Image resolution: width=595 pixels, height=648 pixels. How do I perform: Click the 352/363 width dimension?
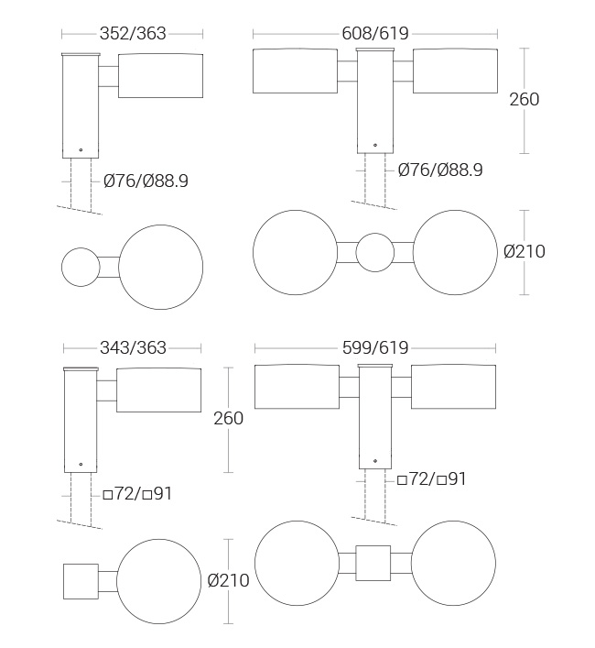[x=133, y=34]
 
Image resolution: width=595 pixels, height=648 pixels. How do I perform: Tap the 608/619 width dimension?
[x=375, y=34]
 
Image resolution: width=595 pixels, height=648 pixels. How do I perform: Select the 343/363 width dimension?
[x=133, y=348]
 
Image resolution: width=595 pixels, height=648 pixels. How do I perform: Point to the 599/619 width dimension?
[x=375, y=348]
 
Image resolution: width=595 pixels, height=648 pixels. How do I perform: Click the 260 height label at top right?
[x=524, y=100]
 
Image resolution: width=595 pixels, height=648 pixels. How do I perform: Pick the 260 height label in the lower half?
[x=228, y=419]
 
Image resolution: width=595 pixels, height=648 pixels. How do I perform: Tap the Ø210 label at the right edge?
[x=525, y=252]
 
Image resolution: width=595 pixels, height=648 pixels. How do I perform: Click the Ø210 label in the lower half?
[x=228, y=581]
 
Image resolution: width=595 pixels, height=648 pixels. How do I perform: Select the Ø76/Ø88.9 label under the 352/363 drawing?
[x=146, y=181]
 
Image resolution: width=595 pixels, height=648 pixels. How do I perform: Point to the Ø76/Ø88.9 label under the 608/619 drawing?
[x=440, y=170]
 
